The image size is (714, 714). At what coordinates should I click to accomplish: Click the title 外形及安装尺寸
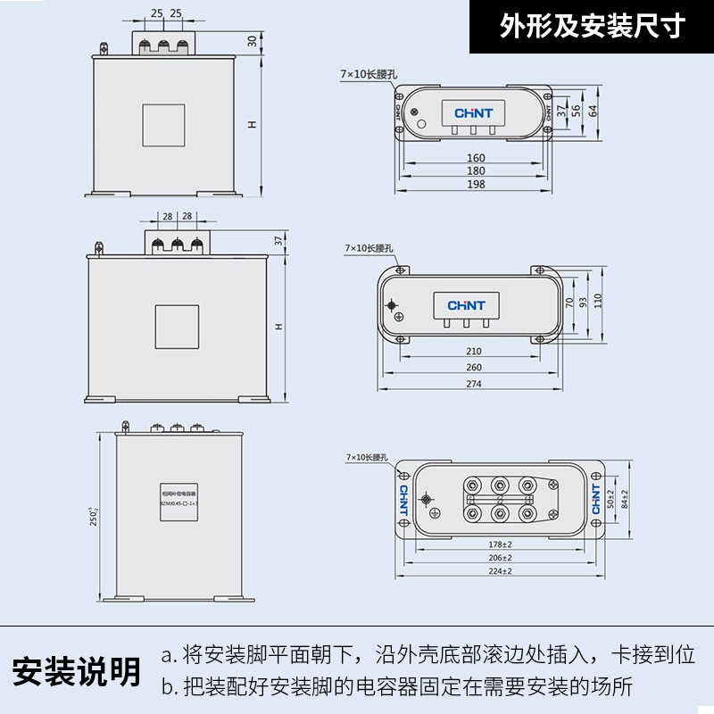592,27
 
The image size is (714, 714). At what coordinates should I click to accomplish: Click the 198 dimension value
476,185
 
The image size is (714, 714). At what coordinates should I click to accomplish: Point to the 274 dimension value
474,384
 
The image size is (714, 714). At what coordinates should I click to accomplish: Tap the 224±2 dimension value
501,570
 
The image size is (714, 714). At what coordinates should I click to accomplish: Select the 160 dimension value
476,158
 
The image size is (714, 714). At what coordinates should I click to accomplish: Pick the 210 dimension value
474,352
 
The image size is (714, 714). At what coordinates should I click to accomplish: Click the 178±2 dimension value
501,544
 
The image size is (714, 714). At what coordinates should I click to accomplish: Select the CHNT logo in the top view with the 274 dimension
466,305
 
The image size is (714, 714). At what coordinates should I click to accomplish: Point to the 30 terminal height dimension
253,41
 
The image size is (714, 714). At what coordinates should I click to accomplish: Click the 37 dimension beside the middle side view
278,240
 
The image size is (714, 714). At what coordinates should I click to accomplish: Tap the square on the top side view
164,125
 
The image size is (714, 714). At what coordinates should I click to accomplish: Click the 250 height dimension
93,515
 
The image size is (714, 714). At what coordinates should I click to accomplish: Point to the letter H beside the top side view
253,125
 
